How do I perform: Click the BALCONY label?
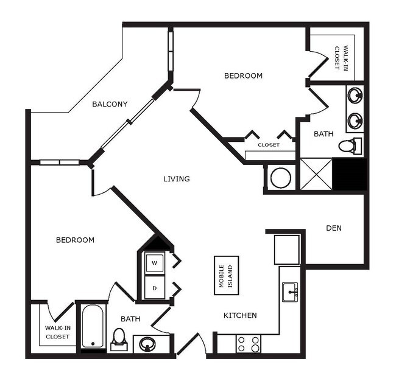click(x=110, y=104)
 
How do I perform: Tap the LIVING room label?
click(x=177, y=179)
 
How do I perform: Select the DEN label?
click(x=333, y=228)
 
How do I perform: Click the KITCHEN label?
click(x=240, y=315)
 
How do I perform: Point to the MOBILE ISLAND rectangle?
click(x=226, y=275)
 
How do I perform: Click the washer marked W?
click(x=154, y=263)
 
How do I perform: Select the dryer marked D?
click(x=154, y=287)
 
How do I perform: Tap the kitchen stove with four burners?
click(x=248, y=344)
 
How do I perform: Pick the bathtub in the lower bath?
click(x=93, y=326)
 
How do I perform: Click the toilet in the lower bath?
click(x=119, y=338)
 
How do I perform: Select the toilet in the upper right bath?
click(x=348, y=146)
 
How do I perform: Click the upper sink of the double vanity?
click(x=355, y=96)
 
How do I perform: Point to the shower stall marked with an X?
click(x=317, y=175)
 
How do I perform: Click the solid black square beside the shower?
click(x=350, y=175)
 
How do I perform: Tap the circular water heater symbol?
click(x=281, y=178)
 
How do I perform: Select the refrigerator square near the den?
click(x=286, y=250)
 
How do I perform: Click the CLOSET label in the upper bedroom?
click(x=268, y=145)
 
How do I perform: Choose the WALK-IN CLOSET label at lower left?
click(x=57, y=332)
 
